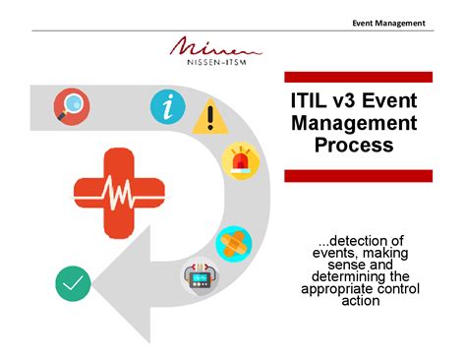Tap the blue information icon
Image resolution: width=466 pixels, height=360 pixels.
[x=167, y=107]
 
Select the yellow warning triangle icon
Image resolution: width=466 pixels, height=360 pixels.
[x=208, y=118]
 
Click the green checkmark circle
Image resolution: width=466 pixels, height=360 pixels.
[x=73, y=284]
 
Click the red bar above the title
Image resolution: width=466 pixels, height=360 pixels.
[x=358, y=77]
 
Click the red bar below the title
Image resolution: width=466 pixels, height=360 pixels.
[x=358, y=175]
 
